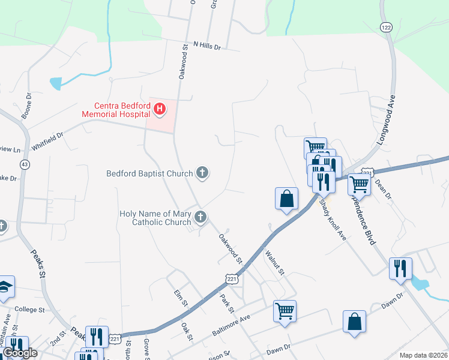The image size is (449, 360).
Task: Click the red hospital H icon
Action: tap(160, 109)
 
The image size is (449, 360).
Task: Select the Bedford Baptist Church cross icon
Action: tap(202, 173)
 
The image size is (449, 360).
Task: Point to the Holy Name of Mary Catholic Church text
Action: tap(155, 218)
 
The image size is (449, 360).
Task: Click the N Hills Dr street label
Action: tap(207, 46)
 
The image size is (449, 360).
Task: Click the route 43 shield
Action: tap(25, 164)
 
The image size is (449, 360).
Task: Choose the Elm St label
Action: tap(178, 298)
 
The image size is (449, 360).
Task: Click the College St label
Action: tap(30, 310)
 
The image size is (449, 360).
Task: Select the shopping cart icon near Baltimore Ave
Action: tap(285, 311)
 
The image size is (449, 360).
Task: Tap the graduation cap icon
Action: tap(5, 287)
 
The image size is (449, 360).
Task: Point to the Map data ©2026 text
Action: tap(423, 355)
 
